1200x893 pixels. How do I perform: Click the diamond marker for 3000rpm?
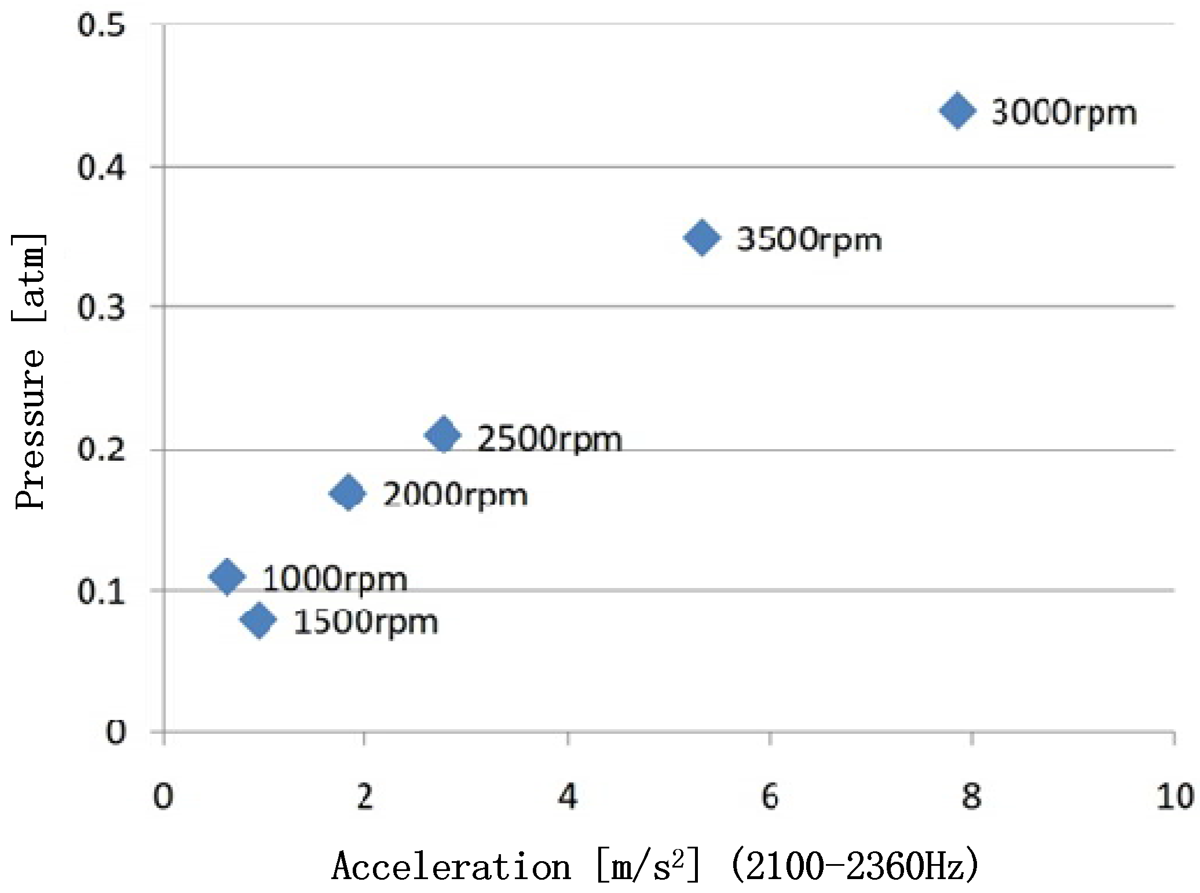click(x=957, y=111)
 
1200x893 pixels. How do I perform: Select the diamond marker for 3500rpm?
click(x=702, y=237)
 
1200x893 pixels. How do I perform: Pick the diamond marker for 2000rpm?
click(x=347, y=493)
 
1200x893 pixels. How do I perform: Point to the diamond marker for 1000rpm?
click(x=226, y=576)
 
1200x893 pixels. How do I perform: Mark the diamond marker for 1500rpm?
click(x=258, y=620)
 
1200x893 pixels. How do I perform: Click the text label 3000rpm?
click(x=1064, y=113)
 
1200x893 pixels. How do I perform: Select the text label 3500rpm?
click(x=808, y=240)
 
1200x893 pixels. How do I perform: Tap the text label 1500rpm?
click(x=365, y=623)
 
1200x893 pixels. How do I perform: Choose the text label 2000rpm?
click(x=455, y=496)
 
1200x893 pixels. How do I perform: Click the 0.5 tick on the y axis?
click(x=101, y=26)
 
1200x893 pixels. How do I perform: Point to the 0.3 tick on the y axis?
click(x=101, y=308)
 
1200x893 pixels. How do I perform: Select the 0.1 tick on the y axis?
click(x=101, y=592)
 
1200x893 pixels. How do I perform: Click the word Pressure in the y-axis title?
click(x=29, y=428)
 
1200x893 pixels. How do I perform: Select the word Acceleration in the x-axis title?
click(x=451, y=866)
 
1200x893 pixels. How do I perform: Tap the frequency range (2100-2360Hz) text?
click(x=855, y=866)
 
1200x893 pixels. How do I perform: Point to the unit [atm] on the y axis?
click(x=29, y=278)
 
